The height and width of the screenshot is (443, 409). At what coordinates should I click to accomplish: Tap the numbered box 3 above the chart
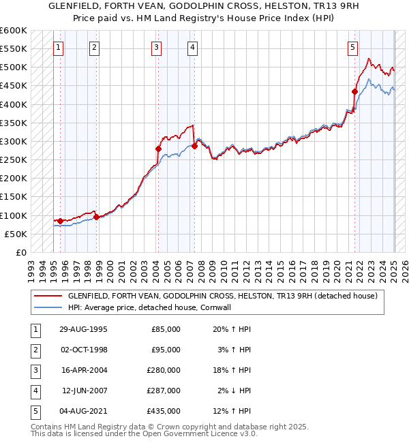157,47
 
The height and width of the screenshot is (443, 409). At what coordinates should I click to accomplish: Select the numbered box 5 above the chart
352,47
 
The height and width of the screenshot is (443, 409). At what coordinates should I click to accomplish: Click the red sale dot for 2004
159,149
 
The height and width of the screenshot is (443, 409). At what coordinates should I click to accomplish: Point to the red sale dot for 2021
355,91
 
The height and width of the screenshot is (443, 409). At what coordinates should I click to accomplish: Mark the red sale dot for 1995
60,221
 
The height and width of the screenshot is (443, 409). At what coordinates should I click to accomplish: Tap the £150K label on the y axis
13,197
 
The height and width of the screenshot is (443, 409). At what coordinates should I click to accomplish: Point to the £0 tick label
20,252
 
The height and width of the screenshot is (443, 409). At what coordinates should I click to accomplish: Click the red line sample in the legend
48,296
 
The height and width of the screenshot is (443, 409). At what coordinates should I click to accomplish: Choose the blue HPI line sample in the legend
48,307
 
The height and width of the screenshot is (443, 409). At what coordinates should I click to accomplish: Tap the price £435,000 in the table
166,411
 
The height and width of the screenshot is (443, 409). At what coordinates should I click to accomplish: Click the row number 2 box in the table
34,350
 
